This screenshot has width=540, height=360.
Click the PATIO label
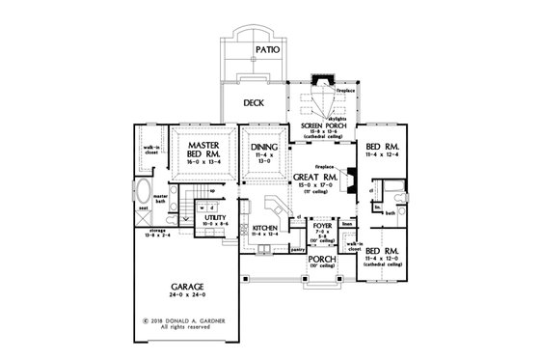point(267,47)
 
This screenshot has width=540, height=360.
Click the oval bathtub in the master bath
point(143,186)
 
